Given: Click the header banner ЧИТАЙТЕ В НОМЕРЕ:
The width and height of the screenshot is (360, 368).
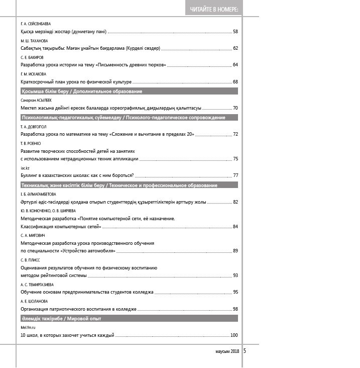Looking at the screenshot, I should [214, 10].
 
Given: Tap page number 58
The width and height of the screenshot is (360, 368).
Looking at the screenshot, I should [235, 32].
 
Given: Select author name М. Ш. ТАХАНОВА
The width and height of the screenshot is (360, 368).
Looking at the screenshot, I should [34, 41].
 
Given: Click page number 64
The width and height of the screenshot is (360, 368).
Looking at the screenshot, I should [235, 65].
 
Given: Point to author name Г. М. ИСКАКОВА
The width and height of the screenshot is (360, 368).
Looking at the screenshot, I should [33, 74].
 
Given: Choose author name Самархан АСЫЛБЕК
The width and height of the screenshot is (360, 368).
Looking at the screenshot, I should [36, 100].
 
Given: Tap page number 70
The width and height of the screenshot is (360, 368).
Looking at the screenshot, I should [235, 108].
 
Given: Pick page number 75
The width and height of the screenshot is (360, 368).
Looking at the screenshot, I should [235, 159].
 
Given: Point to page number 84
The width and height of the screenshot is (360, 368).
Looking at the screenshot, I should [235, 227].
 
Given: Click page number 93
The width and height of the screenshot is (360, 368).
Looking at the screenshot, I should [235, 275].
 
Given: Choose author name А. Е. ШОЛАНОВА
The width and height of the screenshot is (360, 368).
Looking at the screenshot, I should [34, 301].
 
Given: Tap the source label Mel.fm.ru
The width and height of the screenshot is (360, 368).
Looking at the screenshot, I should [28, 327].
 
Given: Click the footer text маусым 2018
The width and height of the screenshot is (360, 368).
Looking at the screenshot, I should [224, 351].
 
